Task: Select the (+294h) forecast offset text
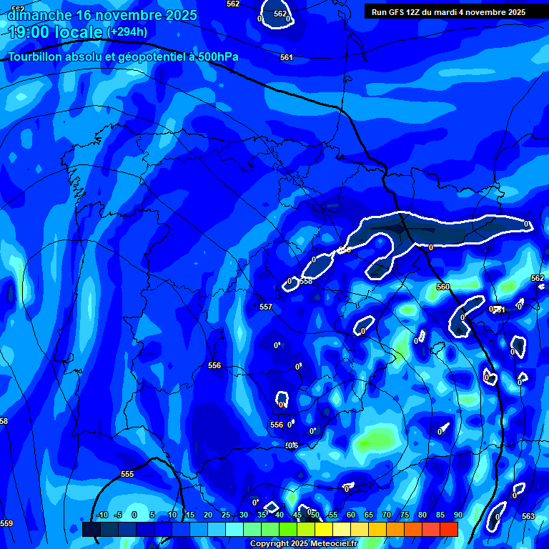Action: click(x=127, y=32)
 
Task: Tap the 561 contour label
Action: click(x=286, y=57)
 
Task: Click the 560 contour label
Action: click(x=443, y=287)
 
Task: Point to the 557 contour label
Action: click(x=266, y=307)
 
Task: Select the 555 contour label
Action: click(x=127, y=474)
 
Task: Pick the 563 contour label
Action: click(x=528, y=516)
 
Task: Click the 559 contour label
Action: click(x=6, y=523)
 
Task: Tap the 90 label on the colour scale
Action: click(x=457, y=515)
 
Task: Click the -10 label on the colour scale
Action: click(x=102, y=515)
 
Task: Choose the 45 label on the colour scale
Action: click(x=297, y=515)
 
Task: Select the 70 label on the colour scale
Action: click(x=386, y=515)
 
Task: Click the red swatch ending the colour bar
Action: click(x=448, y=529)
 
